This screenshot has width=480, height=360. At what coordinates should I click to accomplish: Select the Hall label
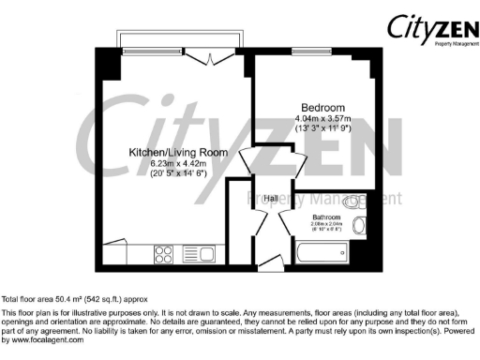click(270, 198)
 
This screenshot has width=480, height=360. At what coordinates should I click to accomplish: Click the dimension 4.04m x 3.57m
click(323, 119)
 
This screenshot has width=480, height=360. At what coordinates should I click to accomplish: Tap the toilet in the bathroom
click(355, 201)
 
